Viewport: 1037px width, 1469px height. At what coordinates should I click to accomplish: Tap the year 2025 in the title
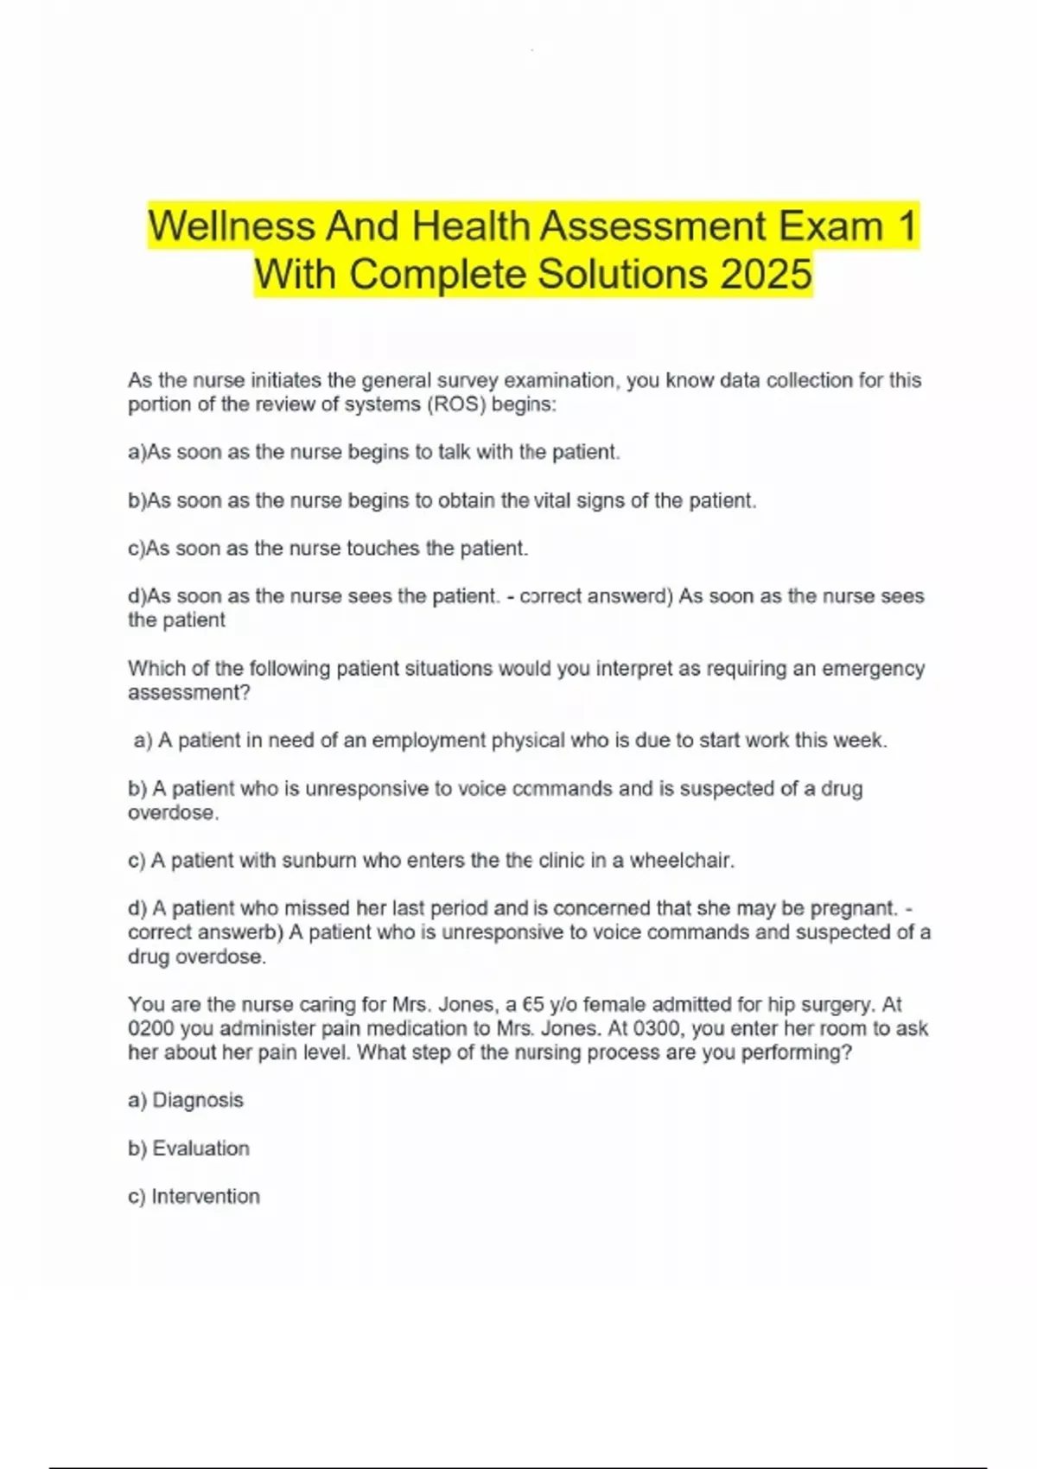(x=765, y=275)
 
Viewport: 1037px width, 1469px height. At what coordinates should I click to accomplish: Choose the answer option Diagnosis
(x=197, y=1100)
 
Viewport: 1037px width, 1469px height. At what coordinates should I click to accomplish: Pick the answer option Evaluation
(x=200, y=1148)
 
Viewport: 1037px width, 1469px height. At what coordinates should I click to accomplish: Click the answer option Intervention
(x=205, y=1197)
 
